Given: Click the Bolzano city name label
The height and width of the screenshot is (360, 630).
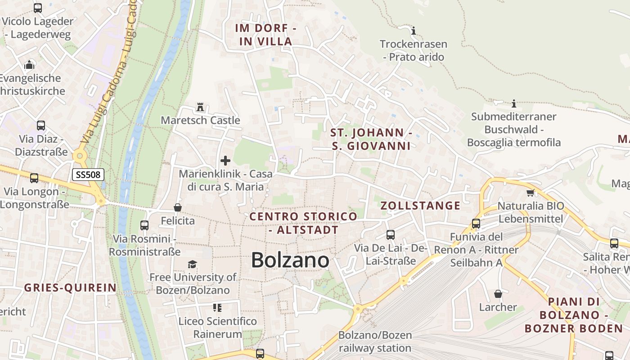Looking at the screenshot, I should coord(290,260).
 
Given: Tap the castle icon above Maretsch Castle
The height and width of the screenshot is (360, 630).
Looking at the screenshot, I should coord(200,107).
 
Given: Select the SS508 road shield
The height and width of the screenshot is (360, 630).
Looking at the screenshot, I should coord(88,175).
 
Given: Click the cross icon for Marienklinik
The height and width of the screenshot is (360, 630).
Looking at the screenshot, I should coord(225,161).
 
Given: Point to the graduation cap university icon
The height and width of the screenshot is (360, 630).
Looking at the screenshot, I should coord(193,264).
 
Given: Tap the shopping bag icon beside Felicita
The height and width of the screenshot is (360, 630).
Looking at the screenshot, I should coord(178,207).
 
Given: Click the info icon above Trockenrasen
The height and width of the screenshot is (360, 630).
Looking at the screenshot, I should coord(414,31).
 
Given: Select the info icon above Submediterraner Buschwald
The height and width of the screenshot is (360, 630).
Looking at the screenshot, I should coord(514,104).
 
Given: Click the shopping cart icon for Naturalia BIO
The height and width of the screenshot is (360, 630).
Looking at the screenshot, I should coord(530,193).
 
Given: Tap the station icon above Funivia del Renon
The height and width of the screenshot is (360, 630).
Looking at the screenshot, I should coord(476,224).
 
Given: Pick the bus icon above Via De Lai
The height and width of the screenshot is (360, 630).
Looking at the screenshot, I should coord(390,235).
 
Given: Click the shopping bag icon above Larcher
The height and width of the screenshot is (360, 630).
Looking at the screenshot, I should coord(498,294).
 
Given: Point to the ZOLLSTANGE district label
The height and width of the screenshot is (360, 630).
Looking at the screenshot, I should coord(420,206).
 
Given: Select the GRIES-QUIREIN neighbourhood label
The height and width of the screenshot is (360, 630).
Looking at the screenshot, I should coord(70,288).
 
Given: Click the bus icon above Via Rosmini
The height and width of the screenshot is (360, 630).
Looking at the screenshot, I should coord(144,225).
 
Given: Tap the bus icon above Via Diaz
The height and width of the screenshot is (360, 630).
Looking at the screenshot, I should coord(41,126).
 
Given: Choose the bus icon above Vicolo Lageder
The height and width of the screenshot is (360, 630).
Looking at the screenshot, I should coord(38,8).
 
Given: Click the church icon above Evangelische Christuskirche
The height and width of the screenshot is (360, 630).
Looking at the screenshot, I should coord(29,65).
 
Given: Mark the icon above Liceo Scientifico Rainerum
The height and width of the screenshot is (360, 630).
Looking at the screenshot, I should coord(217,308).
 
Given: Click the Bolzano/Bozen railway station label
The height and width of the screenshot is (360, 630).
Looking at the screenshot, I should coord(375,342).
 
